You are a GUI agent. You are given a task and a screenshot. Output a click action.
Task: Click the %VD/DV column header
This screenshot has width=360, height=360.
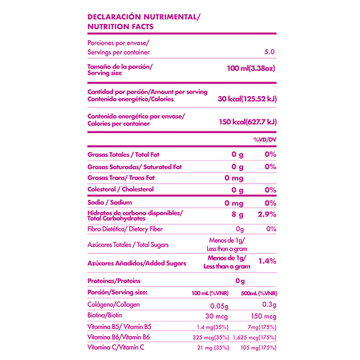coord(265,139)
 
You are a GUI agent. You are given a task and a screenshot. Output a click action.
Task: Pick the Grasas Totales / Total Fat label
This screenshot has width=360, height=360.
coord(123,155)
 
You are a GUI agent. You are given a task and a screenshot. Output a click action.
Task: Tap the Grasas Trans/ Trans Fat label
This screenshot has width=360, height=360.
coord(121,178)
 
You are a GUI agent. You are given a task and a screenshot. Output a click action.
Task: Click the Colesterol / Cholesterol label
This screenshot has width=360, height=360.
coord(121,189)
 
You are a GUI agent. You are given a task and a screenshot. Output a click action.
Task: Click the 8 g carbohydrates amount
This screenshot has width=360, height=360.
coord(238,215)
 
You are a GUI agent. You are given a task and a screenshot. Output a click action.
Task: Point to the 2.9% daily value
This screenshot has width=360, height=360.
coord(266,215)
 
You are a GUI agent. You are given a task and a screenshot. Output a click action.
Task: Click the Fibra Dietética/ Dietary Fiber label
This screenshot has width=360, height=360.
coord(125,229)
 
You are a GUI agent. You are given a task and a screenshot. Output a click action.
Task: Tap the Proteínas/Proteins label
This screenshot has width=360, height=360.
coord(114,280)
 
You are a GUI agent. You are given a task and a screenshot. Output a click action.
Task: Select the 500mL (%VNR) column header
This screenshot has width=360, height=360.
coord(258,293)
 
